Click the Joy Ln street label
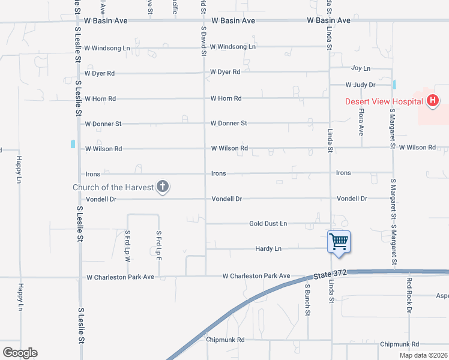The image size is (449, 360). pos(361,69)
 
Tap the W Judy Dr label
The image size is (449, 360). pos(360,85)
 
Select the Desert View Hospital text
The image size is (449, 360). pos(384,101)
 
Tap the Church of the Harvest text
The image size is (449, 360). pos(113,187)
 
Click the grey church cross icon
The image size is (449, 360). pos(162,187)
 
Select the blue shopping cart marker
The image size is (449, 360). pos(339,242)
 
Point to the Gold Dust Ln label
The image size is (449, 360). pos(268,224)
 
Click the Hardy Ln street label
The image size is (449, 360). pos(268,248)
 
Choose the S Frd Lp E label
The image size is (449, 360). pos(158,243)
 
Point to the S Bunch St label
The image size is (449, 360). pos(307,300)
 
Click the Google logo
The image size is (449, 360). pos(20,353)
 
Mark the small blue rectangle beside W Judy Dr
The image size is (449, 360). pos(395,85)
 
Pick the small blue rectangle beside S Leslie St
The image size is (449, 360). pos(73,144)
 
